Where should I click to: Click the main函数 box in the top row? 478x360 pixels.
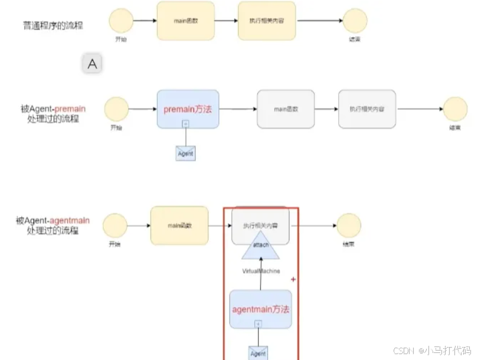coord(185,21)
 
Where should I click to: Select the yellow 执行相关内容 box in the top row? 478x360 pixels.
coord(267,21)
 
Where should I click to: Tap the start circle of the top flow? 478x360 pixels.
coord(122,21)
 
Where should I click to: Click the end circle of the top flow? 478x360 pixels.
coord(355,21)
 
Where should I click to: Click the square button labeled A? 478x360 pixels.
coord(92,64)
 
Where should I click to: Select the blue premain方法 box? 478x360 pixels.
coord(188,109)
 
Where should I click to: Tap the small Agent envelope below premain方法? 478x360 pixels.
coord(185,153)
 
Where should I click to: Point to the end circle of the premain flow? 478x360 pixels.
coord(455,109)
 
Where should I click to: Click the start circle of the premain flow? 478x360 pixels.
coord(116,109)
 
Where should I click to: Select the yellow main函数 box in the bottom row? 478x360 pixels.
coord(179,225)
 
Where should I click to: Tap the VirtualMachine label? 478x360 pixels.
coord(261,270)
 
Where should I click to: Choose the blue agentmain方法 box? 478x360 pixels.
coord(260,309)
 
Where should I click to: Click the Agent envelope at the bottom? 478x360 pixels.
coord(258,353)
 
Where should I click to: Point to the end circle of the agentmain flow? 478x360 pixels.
coord(348,225)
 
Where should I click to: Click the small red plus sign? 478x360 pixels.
coord(293,278)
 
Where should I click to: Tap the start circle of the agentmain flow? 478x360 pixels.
coord(115,225)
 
